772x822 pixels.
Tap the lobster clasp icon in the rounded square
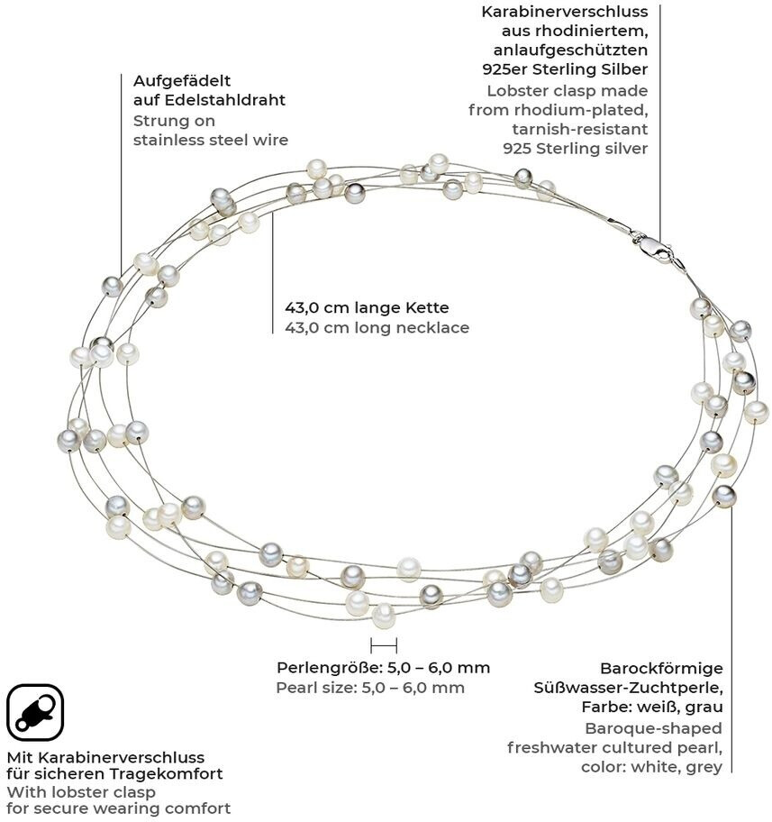point(34,712)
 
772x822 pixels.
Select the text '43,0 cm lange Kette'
point(367,307)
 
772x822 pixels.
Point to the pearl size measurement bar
point(384,644)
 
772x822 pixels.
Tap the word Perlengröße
point(328,668)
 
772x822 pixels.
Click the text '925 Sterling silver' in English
point(576,149)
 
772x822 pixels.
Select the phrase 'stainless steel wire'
point(211,140)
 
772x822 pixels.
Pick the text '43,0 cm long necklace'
point(377,328)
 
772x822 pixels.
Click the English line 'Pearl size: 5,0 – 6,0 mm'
point(369,688)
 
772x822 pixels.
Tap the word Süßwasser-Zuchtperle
point(628,688)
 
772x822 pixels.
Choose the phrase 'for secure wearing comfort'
point(118,808)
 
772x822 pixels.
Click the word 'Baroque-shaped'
point(653,727)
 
